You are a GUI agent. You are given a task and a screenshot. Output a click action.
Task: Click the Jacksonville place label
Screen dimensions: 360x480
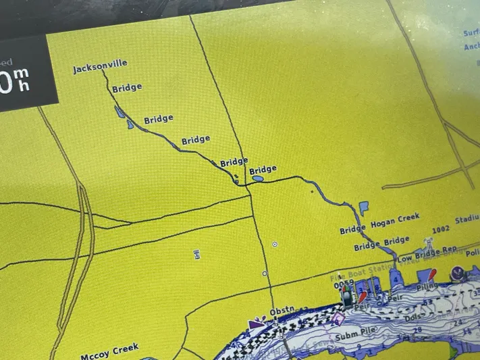coord(100,67)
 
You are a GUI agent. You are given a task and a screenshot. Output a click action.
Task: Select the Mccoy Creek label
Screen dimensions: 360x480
coord(109,351)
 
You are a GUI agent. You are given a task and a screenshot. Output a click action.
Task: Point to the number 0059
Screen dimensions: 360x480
coord(343,283)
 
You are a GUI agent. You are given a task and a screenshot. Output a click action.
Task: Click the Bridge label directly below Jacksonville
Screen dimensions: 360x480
coord(126,88)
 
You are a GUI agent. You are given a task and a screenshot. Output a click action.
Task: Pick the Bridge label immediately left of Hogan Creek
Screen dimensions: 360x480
coord(352,230)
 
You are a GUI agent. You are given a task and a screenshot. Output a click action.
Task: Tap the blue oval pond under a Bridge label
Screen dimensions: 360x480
coord(257,180)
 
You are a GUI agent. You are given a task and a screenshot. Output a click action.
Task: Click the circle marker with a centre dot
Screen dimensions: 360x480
coord(275,243)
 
